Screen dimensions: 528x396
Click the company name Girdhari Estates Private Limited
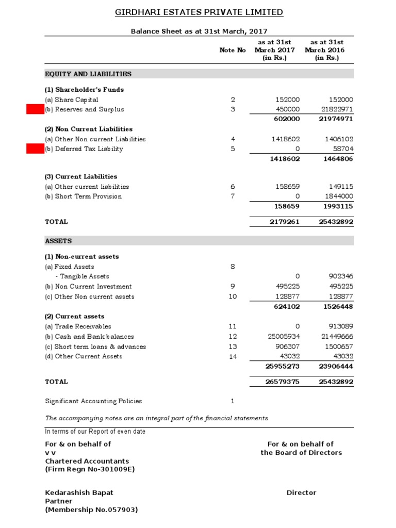(199, 12)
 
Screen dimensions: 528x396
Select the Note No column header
(233, 50)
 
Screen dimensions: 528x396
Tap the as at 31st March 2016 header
(324, 50)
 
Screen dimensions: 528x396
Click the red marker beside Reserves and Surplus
(35, 109)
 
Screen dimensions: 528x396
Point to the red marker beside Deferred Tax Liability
(35, 149)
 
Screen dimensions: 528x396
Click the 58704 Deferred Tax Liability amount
(342, 149)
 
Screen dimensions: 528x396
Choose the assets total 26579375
(283, 382)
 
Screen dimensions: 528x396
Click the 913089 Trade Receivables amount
(340, 326)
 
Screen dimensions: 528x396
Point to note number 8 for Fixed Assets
(233, 267)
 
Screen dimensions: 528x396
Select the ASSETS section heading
(59, 241)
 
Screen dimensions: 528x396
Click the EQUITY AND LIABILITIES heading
(88, 74)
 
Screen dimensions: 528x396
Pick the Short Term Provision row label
(84, 196)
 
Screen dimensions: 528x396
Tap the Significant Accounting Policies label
(93, 401)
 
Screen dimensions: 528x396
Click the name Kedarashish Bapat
(79, 492)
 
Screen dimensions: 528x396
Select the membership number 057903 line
(91, 510)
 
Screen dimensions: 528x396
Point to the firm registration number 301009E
(90, 469)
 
